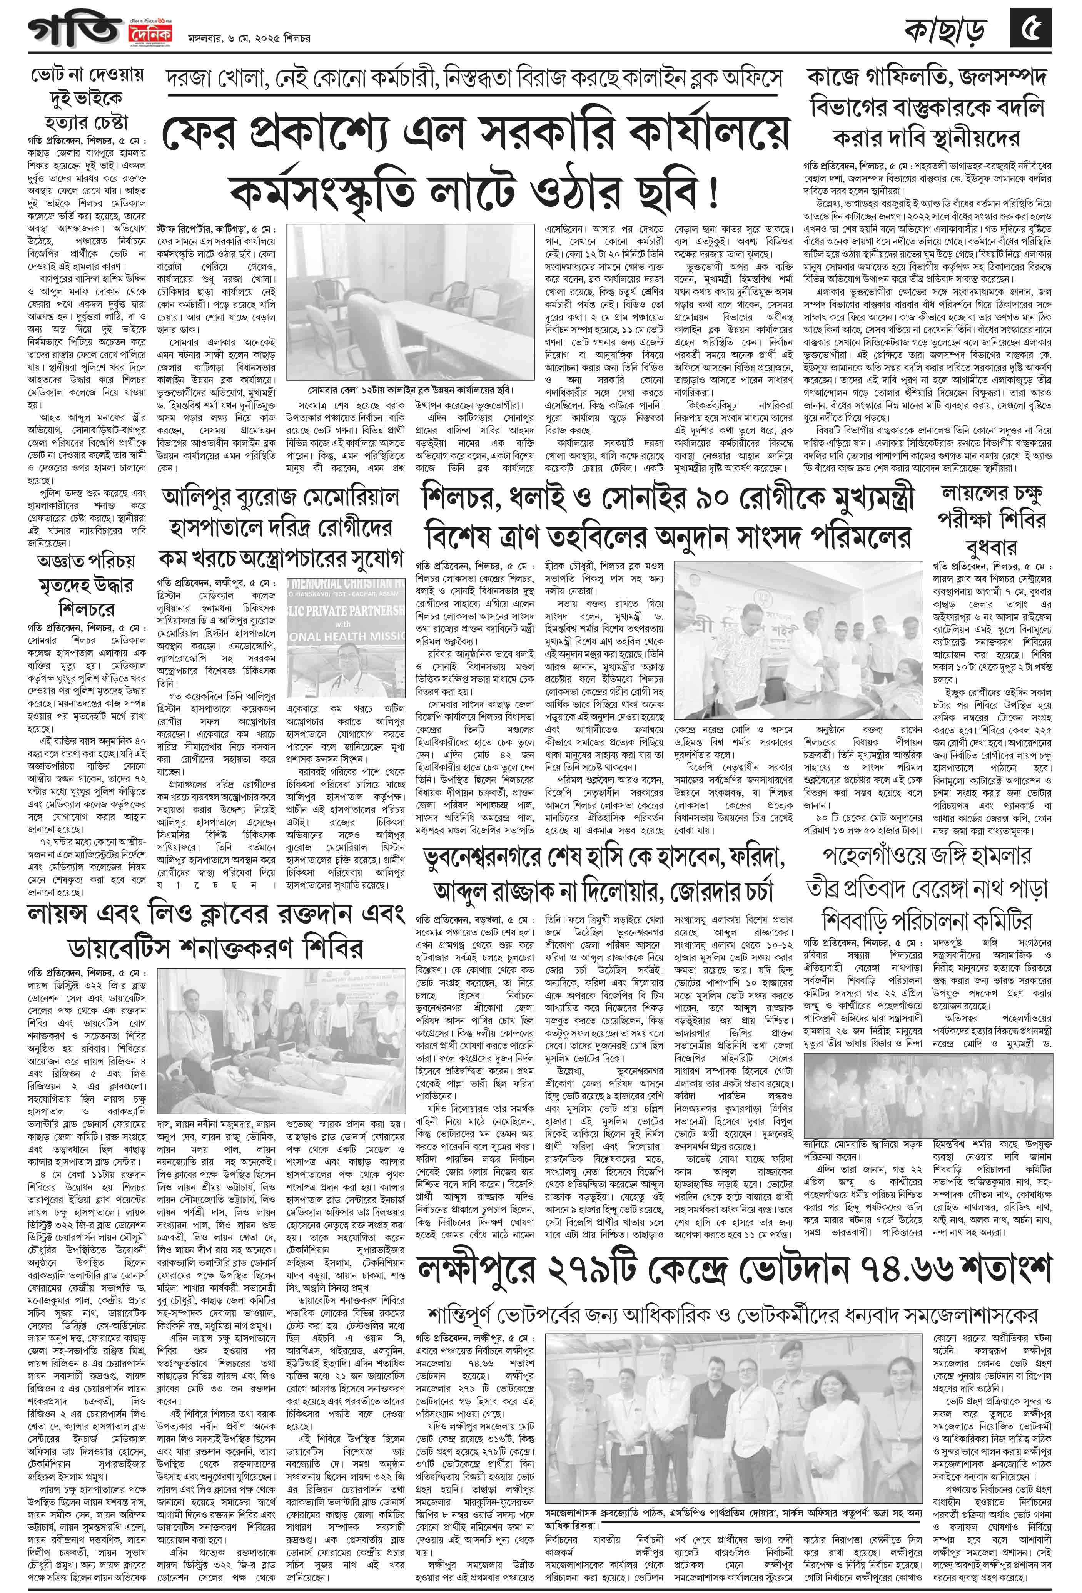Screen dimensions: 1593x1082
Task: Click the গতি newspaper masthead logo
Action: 75,31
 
